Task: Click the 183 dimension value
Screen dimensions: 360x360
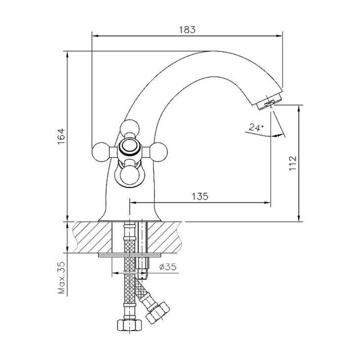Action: (x=187, y=30)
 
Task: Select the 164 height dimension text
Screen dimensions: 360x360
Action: (x=61, y=136)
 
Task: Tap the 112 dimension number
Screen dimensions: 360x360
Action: (x=293, y=163)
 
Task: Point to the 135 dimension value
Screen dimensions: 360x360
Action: (x=200, y=197)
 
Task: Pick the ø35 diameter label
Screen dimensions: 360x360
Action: (x=168, y=267)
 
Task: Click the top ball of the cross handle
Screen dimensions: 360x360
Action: (x=130, y=128)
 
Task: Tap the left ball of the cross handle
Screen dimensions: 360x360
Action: (x=100, y=152)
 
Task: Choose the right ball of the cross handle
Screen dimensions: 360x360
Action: (x=159, y=152)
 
